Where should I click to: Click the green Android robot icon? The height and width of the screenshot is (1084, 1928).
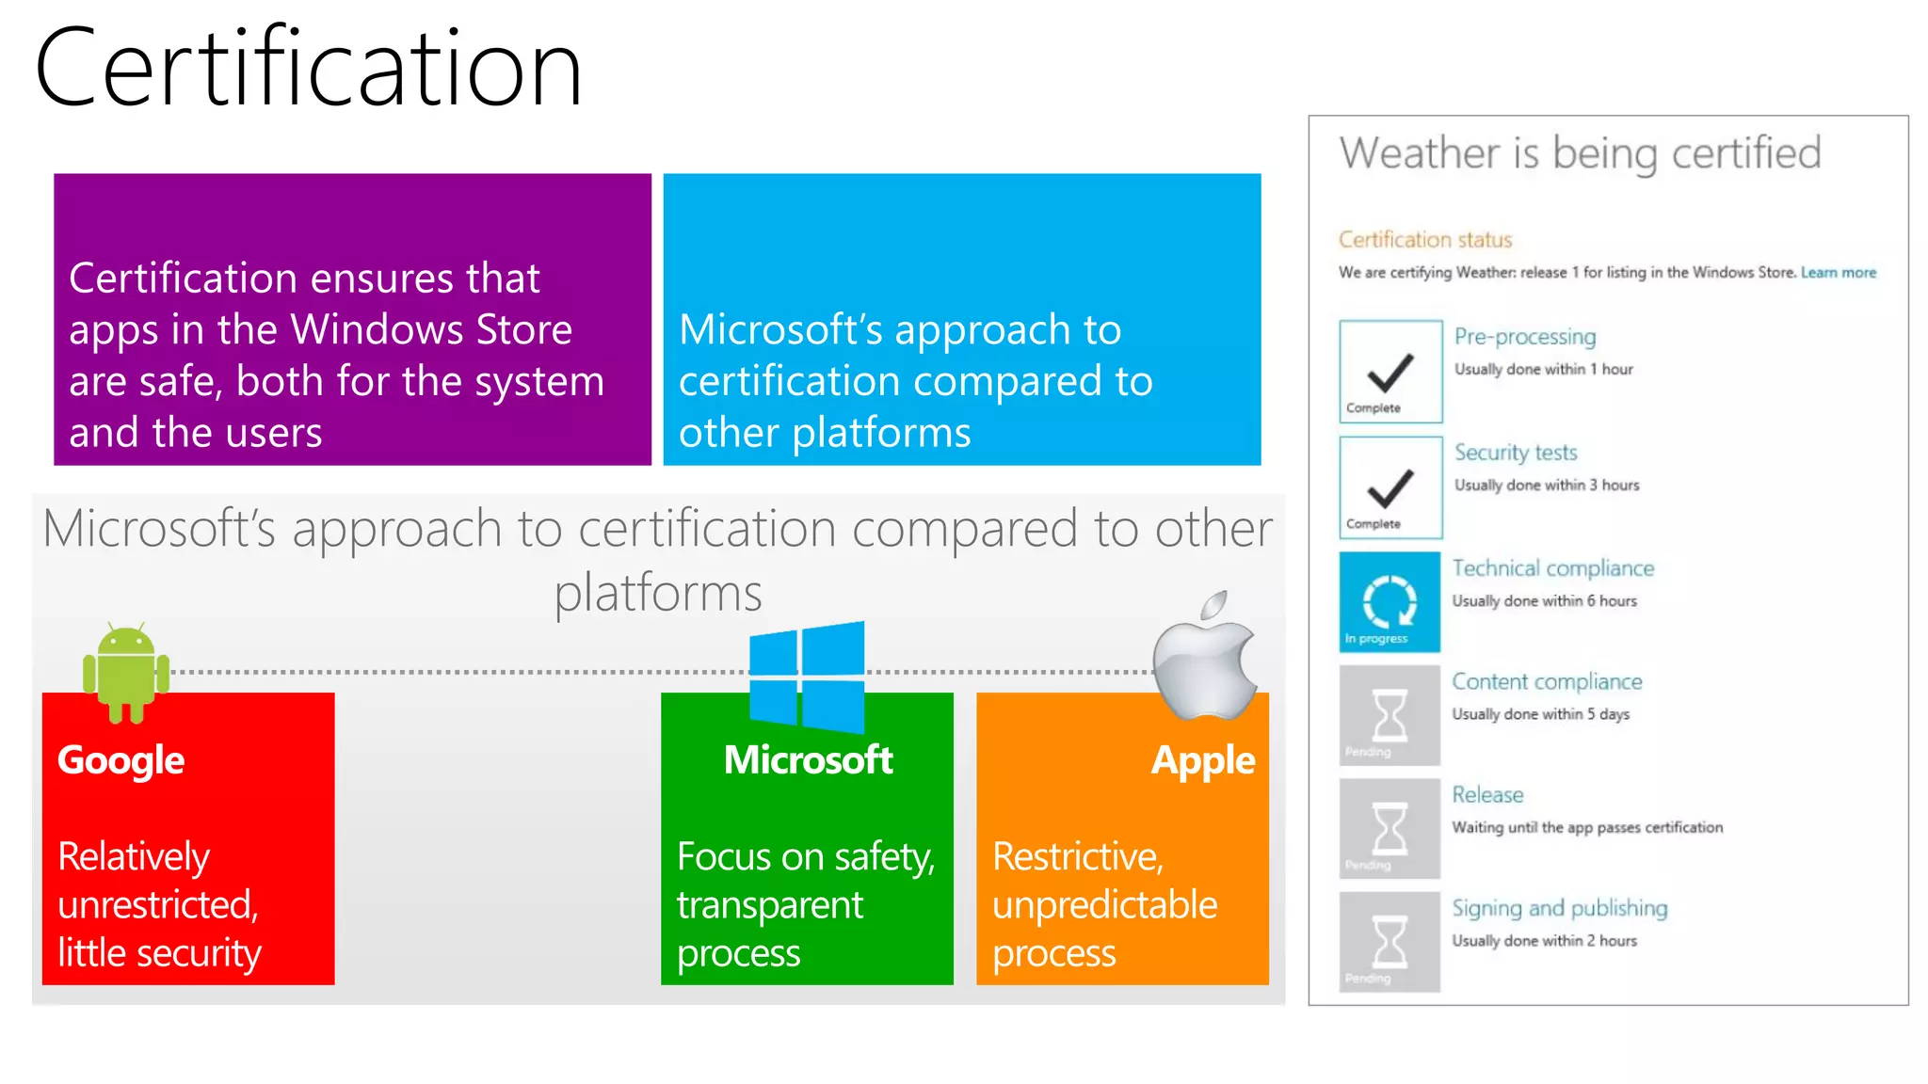126,672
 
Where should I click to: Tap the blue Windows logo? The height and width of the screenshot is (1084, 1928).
807,677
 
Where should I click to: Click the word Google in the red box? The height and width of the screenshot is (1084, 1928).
120,760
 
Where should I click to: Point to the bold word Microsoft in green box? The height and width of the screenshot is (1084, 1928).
808,760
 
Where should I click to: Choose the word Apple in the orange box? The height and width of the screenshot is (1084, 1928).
1202,760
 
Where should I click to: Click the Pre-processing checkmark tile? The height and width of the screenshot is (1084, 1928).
1390,372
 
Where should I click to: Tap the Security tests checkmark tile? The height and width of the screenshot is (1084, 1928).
1390,487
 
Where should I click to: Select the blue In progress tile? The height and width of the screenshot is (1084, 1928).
1390,602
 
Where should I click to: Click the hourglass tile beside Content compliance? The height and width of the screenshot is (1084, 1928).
1390,716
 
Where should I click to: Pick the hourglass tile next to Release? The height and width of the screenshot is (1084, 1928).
1390,829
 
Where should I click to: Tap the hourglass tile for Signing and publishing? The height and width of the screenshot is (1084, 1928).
1390,942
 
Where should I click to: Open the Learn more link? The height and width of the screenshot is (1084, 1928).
1838,273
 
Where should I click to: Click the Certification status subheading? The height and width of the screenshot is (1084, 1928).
1425,240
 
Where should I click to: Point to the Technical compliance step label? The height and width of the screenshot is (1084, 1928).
1552,568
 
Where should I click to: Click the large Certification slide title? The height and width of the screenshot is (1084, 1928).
308,69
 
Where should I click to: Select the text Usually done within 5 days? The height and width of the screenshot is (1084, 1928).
1540,714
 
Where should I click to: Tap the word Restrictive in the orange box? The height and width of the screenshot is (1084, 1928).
1077,856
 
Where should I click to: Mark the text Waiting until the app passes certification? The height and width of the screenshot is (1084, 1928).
1587,827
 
